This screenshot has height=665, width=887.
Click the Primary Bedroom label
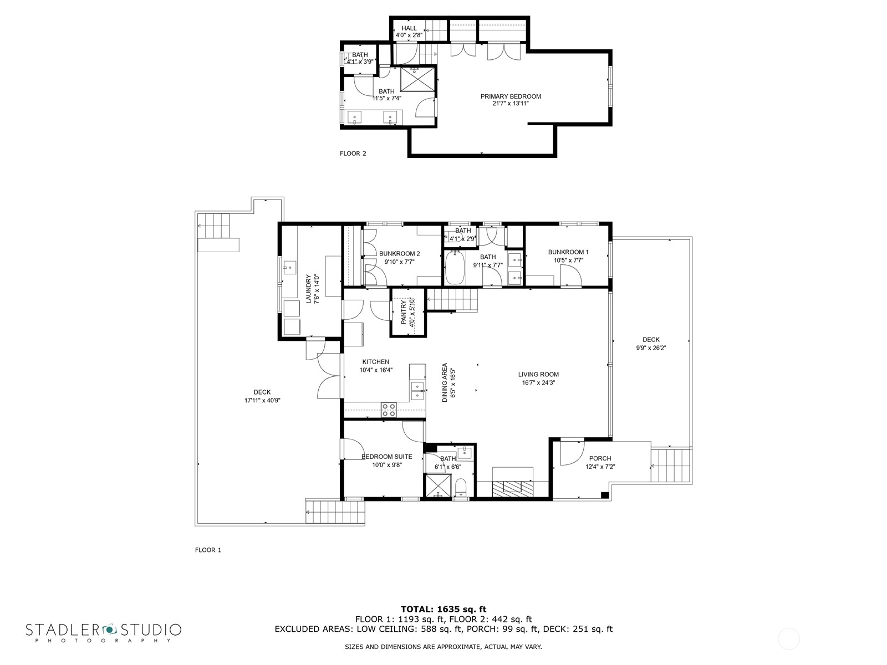(510, 96)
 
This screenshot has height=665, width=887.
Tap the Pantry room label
(404, 311)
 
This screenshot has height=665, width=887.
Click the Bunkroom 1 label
(568, 252)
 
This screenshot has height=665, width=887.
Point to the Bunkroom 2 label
(399, 254)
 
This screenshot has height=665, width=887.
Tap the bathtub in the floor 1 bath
(456, 268)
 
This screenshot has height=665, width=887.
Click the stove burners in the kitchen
(389, 410)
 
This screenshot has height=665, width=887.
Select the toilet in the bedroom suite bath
(461, 488)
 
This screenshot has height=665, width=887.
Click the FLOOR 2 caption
(353, 154)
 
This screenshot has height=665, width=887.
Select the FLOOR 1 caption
(208, 550)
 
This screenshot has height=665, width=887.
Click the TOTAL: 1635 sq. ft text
(443, 609)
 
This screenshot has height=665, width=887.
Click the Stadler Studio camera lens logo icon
(109, 630)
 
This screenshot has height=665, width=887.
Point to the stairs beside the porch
(671, 465)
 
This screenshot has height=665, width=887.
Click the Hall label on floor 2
(409, 28)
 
